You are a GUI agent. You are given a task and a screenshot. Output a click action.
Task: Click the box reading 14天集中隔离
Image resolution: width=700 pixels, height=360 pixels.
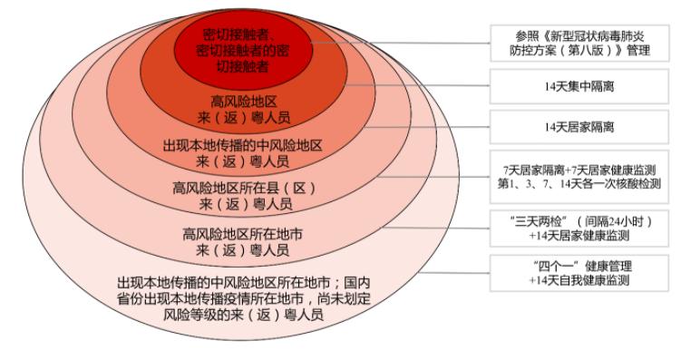click(579, 86)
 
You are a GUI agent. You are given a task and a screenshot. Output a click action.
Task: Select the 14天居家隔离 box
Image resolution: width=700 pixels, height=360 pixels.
click(579, 127)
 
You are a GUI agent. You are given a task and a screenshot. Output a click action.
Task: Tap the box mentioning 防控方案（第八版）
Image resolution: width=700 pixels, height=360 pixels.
click(579, 44)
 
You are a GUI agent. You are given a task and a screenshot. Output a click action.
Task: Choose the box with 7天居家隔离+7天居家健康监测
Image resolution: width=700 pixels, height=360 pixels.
click(579, 177)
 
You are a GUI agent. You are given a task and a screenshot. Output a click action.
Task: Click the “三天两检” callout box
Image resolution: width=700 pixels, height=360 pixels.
click(579, 229)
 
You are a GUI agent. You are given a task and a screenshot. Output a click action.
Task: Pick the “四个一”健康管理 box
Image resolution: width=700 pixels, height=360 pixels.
click(579, 273)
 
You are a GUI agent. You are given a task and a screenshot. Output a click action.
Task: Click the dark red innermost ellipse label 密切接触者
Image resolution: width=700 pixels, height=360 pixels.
click(242, 50)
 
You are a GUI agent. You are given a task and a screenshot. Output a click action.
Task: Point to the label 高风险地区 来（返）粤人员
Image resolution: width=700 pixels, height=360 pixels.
click(243, 110)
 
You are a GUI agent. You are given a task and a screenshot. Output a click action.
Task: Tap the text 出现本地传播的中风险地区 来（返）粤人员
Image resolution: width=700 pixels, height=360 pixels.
click(242, 153)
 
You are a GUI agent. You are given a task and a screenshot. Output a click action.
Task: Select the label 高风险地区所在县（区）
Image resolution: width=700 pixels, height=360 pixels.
click(244, 189)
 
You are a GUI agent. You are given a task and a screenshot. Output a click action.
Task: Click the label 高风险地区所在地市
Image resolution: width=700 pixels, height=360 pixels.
click(242, 234)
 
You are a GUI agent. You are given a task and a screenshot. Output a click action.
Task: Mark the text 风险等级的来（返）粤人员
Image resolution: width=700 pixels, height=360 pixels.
click(243, 315)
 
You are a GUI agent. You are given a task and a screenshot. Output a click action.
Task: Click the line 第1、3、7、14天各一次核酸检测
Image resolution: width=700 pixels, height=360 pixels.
click(579, 183)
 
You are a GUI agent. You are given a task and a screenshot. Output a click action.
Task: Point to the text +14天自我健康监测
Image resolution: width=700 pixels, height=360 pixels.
click(579, 280)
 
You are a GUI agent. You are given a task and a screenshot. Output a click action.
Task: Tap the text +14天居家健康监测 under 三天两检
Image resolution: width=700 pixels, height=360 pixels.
click(579, 236)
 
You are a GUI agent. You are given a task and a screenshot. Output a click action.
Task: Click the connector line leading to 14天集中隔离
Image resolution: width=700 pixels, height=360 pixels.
click(417, 85)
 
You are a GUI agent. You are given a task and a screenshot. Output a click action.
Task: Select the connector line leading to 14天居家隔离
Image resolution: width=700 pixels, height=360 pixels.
click(427, 127)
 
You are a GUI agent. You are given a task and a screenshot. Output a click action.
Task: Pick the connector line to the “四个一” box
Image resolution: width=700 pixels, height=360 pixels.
click(454, 273)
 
